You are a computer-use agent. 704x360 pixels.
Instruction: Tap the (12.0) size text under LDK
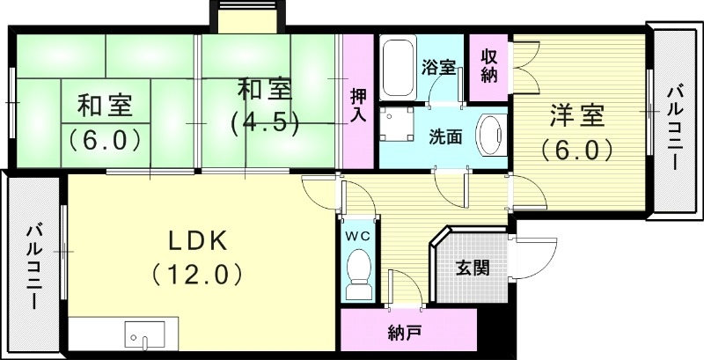(197, 275)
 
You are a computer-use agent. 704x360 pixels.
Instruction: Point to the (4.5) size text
(265, 121)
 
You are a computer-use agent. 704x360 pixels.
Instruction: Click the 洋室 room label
(577, 115)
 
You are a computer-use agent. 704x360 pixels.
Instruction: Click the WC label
(357, 235)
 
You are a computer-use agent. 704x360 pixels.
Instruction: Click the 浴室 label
(437, 67)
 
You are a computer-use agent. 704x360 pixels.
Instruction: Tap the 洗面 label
(445, 137)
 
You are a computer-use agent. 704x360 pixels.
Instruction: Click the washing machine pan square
(399, 124)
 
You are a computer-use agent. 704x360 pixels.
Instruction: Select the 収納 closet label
(489, 63)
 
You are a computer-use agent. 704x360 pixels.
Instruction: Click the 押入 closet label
(357, 104)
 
